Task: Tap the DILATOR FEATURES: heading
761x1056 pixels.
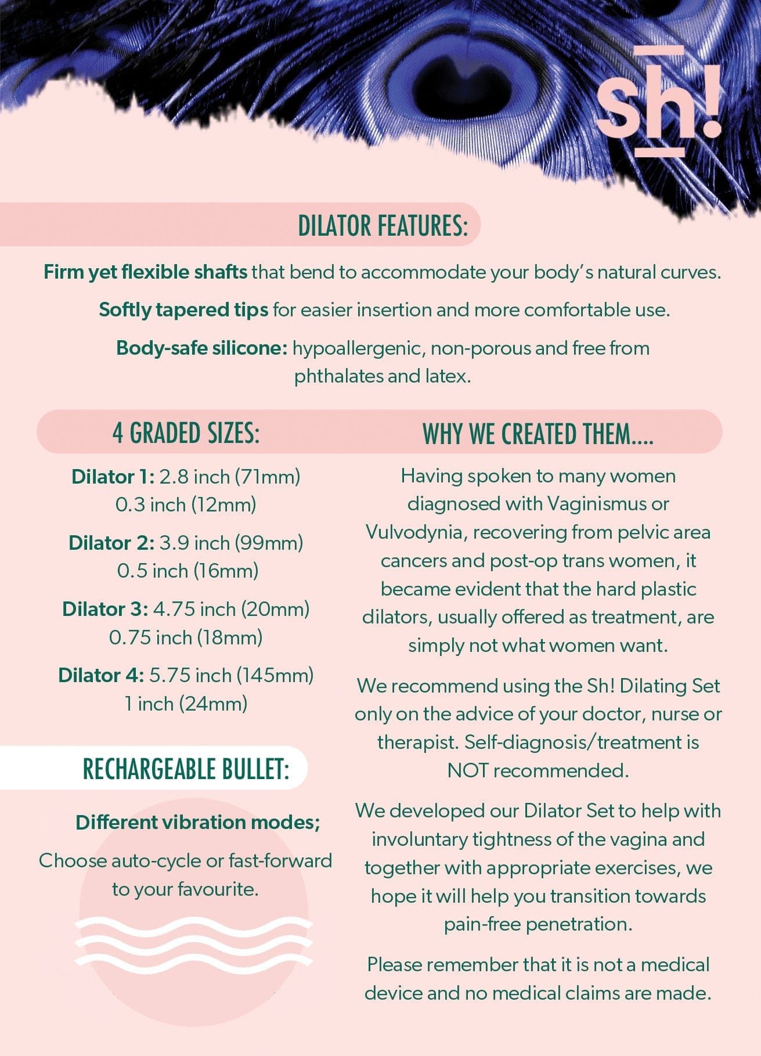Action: click(x=383, y=225)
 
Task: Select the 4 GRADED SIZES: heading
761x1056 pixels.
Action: click(x=186, y=433)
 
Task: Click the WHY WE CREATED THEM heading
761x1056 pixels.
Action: click(x=538, y=434)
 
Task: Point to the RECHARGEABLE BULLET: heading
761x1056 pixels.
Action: click(x=186, y=769)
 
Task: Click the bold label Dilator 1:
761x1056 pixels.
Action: click(x=113, y=477)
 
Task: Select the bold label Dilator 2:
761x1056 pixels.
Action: click(x=111, y=543)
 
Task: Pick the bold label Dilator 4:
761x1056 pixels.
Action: click(x=100, y=675)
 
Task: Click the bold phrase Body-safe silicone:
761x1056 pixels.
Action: click(x=202, y=348)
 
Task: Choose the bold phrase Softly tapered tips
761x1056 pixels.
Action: click(x=183, y=309)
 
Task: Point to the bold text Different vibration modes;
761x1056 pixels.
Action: click(x=198, y=822)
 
